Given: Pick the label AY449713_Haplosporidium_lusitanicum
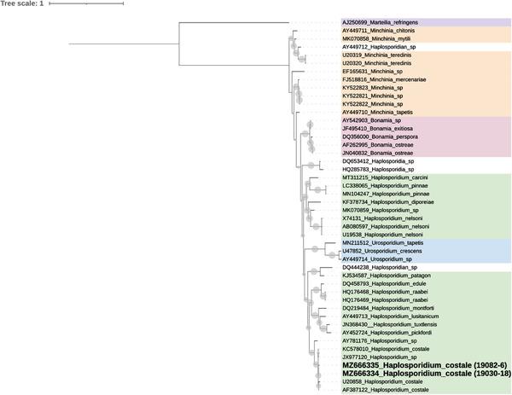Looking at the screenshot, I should [x=389, y=315].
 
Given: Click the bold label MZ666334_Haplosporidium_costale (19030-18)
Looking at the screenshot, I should [x=415, y=373].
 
